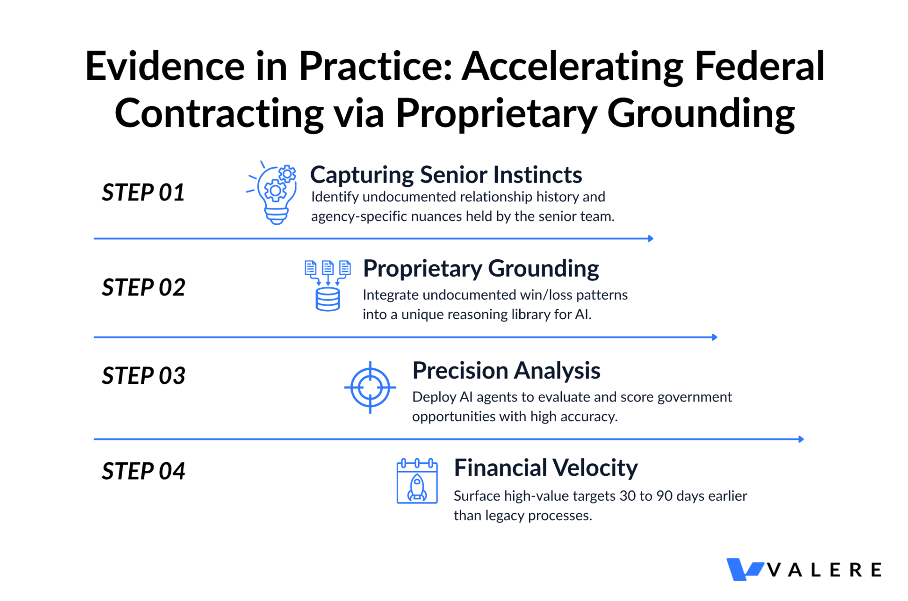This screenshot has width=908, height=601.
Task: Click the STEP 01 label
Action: (143, 192)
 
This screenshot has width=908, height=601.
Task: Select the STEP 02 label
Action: (143, 287)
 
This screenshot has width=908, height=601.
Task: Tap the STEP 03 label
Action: (143, 376)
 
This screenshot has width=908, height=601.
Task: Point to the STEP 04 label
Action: (143, 471)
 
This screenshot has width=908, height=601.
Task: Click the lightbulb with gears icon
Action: (272, 193)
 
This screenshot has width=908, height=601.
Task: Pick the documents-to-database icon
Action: (328, 286)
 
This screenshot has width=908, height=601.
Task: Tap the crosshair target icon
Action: (370, 388)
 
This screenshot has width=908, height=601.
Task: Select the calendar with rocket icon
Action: (417, 481)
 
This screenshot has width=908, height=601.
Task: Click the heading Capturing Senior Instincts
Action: (446, 175)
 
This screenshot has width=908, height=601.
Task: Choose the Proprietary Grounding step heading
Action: (481, 269)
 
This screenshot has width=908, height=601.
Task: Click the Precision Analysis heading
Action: (506, 370)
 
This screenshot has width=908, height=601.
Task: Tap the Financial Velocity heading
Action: (546, 468)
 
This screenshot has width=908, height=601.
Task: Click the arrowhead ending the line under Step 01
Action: (651, 239)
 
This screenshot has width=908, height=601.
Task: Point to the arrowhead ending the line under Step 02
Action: (715, 337)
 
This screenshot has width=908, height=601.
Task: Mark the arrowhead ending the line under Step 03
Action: (801, 439)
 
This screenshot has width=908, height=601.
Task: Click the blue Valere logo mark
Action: (744, 569)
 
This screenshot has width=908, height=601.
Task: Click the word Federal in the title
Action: (760, 66)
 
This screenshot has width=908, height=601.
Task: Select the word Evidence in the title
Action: (165, 66)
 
